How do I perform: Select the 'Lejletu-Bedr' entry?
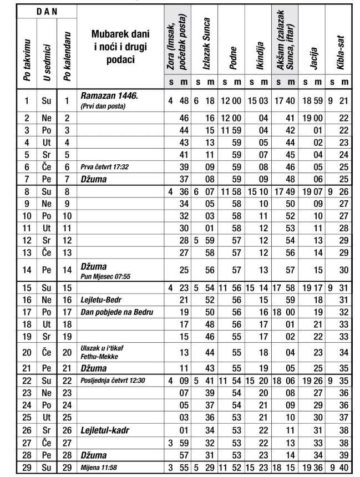coord(101,300)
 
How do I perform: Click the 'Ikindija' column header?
coord(260,55)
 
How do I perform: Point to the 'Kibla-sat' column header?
coord(341,54)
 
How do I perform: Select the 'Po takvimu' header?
coord(27,55)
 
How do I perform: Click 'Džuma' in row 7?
coord(94,179)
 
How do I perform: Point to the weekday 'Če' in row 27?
coord(45,443)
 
